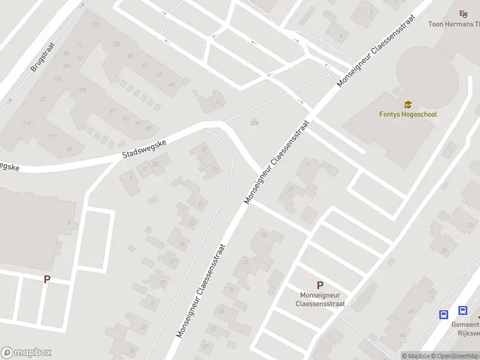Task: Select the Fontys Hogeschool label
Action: [408, 114]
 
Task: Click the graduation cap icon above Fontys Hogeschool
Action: [408, 104]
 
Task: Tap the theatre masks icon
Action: [463, 14]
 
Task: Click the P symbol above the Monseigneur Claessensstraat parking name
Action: [320, 286]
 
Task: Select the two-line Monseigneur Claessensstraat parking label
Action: [320, 299]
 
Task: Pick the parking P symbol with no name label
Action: [47, 279]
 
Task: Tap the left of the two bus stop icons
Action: [444, 314]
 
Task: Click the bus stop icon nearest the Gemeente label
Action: [463, 310]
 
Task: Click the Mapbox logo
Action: [26, 353]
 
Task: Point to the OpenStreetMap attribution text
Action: [455, 356]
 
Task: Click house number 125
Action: [116, 44]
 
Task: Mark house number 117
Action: [52, 136]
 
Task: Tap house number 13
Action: [218, 103]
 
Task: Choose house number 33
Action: [143, 326]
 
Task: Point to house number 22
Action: [245, 262]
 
